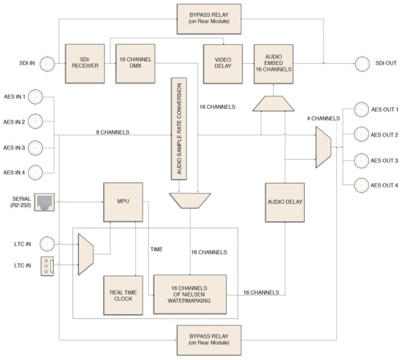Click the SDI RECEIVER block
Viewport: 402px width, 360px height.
click(85, 63)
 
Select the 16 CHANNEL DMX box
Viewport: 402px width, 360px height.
click(136, 63)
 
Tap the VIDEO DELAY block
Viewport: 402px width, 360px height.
click(223, 64)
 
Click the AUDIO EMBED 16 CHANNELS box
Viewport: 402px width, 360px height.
click(274, 64)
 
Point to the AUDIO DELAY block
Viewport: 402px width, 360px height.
click(285, 203)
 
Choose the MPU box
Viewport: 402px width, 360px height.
click(123, 202)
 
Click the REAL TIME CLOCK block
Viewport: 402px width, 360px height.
click(123, 296)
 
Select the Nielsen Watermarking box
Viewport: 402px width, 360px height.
click(190, 295)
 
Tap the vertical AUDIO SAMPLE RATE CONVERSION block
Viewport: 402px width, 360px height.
click(179, 129)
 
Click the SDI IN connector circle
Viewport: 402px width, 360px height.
click(47, 63)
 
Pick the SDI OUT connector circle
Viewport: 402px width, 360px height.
click(362, 63)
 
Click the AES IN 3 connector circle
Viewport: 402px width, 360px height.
click(36, 148)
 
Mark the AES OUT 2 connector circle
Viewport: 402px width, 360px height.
click(362, 134)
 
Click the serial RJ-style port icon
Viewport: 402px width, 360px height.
click(44, 202)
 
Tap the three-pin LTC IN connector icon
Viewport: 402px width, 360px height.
click(47, 266)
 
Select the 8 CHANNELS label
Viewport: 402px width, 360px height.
click(113, 132)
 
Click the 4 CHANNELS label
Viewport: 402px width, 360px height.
click(323, 118)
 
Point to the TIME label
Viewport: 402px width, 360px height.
click(157, 249)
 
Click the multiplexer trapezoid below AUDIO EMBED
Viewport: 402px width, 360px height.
click(273, 104)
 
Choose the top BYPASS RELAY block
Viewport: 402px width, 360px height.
click(209, 19)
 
